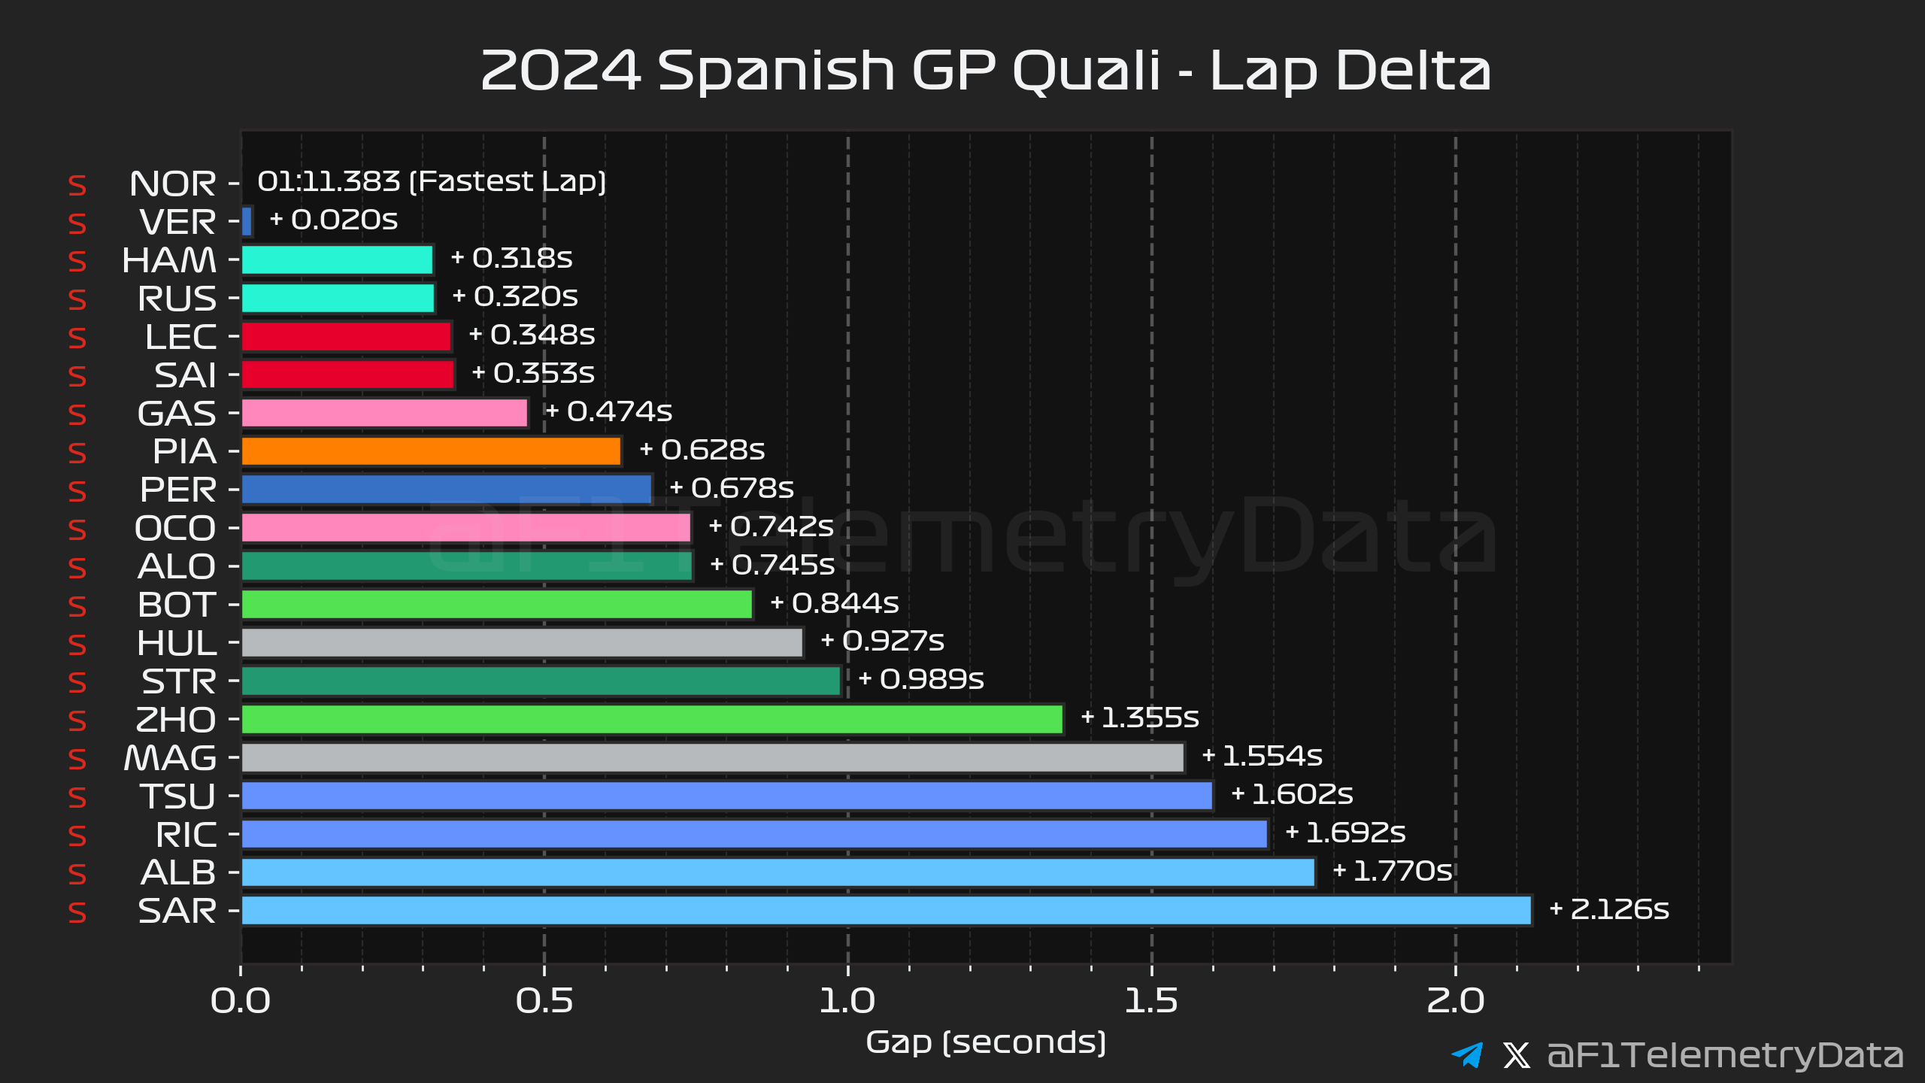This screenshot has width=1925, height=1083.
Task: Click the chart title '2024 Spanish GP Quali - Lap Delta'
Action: click(x=985, y=71)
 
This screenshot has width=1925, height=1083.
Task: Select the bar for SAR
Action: click(x=886, y=911)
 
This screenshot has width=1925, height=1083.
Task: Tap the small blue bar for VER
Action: click(x=247, y=221)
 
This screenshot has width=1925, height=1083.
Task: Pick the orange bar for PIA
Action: click(x=431, y=451)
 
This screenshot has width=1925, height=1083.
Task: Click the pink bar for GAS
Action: click(x=384, y=413)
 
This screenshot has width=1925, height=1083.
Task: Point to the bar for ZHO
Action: click(x=652, y=719)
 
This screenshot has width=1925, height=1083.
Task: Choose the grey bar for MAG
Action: click(x=713, y=757)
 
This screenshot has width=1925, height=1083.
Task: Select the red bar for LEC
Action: click(x=346, y=336)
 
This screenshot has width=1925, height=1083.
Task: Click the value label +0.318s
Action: click(x=511, y=258)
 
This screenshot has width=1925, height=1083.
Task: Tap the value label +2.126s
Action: click(x=1609, y=909)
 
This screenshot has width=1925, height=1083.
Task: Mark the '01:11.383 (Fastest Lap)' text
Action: click(x=432, y=181)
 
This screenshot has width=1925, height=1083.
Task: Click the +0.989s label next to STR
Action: click(x=921, y=679)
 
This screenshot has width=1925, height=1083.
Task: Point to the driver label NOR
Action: click(x=172, y=184)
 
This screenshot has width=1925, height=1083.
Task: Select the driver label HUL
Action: click(x=177, y=643)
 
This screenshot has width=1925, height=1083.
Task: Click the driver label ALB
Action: click(x=178, y=872)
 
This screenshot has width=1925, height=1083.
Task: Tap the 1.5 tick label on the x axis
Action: click(x=1151, y=1001)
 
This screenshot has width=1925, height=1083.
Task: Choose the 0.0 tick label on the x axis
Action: click(x=241, y=1001)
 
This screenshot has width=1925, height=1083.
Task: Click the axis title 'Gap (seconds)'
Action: click(x=986, y=1042)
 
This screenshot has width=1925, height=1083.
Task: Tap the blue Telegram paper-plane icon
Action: click(x=1467, y=1054)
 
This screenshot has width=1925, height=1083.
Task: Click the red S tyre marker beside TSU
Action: click(x=77, y=797)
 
